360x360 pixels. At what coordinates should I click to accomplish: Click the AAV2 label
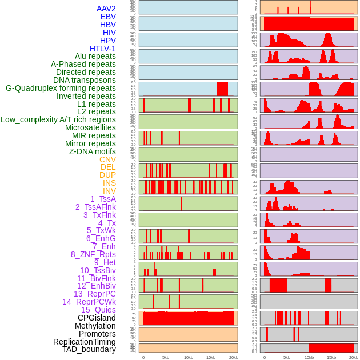tap(106, 9)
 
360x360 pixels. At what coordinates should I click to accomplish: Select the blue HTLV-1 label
tap(102, 49)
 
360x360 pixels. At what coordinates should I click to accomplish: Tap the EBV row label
tap(108, 17)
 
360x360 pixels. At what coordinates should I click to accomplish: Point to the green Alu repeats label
tap(95, 56)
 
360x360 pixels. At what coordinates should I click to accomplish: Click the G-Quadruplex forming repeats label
tap(61, 88)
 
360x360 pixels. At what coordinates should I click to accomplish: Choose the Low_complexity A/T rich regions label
tap(58, 119)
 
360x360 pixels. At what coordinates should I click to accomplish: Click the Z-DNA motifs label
tap(93, 151)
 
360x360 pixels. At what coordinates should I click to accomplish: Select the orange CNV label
tap(107, 159)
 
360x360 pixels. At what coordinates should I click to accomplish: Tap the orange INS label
tap(109, 183)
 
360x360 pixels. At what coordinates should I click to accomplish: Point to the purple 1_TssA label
tap(103, 199)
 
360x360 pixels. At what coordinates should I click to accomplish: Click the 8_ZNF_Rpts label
tap(93, 254)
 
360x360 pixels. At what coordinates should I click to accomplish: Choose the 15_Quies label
tap(98, 310)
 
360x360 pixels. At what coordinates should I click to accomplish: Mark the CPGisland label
tap(97, 318)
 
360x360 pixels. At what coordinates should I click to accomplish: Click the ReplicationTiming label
tap(84, 342)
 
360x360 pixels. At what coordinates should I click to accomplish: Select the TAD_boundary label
tap(89, 349)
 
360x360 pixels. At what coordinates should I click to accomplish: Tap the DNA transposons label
tap(85, 80)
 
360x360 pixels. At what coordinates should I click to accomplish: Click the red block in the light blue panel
tap(222, 89)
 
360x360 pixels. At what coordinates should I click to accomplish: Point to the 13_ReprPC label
tap(94, 294)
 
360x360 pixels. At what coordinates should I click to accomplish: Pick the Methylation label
tap(95, 326)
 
